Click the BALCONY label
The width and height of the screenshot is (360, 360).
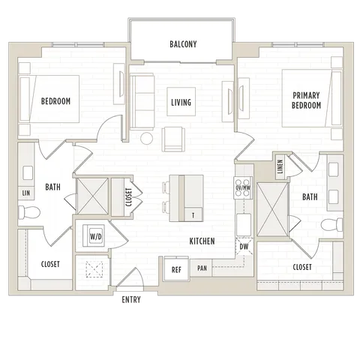point(183,44)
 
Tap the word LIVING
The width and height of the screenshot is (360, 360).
point(181,102)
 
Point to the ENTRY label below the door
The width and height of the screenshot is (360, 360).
point(131,299)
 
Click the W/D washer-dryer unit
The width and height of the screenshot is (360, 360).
point(94,235)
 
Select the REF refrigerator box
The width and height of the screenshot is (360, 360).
point(176,269)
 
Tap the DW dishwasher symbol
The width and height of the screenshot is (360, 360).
point(244,247)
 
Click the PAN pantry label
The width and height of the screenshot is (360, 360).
point(202,268)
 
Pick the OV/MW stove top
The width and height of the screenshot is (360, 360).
point(243,187)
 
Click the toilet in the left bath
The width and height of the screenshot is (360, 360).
point(29,212)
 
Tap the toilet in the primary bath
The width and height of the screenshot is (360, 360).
point(331,225)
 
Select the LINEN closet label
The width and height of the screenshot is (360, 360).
point(280,166)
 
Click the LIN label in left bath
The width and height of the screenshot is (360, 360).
point(26,193)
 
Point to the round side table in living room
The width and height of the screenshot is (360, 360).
point(146,139)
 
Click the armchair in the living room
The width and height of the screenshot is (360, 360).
point(173,139)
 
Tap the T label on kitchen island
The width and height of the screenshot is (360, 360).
point(193,215)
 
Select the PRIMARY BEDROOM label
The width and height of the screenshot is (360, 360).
point(306,100)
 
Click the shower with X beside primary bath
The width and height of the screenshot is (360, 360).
point(273,209)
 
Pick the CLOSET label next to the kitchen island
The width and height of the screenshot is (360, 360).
point(128,197)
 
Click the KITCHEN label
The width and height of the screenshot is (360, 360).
point(202,241)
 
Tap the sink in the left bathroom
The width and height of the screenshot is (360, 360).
point(28,172)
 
